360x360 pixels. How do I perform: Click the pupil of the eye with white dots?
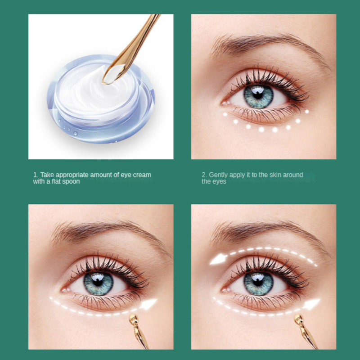click(258, 94)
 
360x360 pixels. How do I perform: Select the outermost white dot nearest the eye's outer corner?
click(307, 112)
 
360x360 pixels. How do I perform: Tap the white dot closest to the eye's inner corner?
click(225, 114)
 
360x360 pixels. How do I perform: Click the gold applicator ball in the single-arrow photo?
click(133, 319)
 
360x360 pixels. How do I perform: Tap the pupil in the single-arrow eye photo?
click(98, 282)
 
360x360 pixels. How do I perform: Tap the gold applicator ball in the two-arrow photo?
click(298, 319)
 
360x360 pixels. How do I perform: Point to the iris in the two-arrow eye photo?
click(258, 283)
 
